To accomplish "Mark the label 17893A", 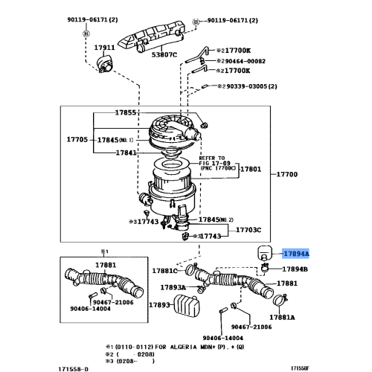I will click(x=174, y=287).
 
